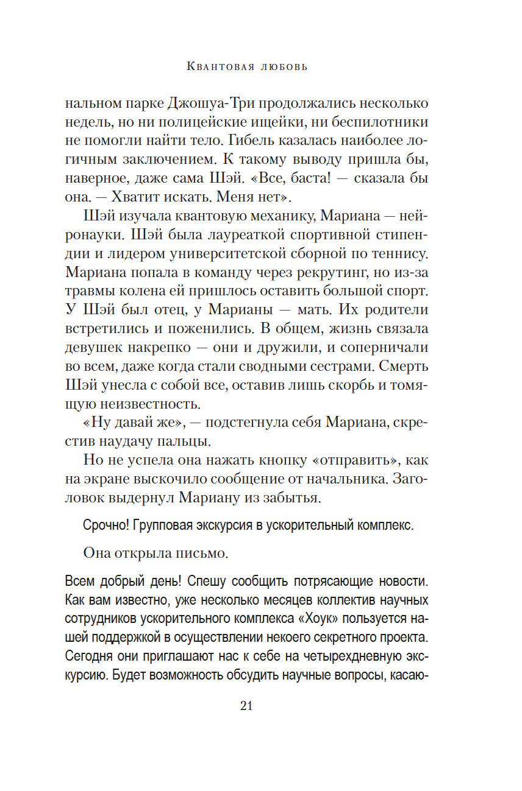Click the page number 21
pyautogui.click(x=246, y=706)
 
